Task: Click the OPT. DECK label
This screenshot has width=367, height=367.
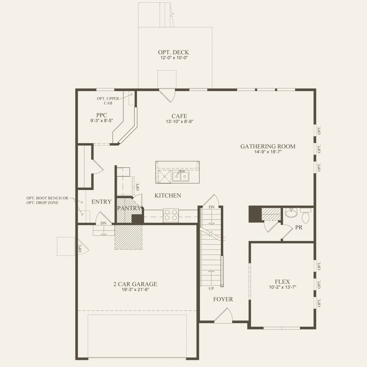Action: coord(173,52)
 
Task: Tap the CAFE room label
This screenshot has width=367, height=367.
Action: coord(179,116)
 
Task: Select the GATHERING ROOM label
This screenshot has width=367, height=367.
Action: coord(268,146)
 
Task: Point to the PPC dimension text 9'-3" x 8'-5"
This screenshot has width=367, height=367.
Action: coord(102,120)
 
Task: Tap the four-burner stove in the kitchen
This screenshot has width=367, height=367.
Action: coord(171,215)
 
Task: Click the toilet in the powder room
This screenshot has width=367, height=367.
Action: coord(306,215)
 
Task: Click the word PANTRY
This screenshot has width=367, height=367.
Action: coord(129,208)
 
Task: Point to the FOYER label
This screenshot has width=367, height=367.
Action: coord(223,299)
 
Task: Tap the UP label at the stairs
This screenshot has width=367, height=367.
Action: coord(211,289)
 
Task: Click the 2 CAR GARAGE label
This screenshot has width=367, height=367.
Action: coord(135,284)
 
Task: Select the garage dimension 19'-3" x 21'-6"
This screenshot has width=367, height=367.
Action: coord(135,290)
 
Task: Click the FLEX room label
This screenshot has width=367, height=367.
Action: coord(282,281)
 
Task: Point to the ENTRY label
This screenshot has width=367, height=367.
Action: coord(101,202)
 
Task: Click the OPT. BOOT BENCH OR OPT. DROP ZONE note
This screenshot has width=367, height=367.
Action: coord(47,200)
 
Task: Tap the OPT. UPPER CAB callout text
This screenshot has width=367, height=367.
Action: coord(108,101)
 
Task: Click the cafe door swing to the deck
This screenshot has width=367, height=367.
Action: coord(168,95)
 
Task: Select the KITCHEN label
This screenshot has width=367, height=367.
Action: coord(168,195)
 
